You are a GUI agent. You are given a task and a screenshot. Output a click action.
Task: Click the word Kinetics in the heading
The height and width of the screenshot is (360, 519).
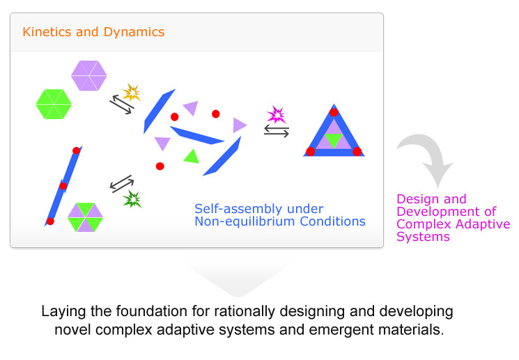pyautogui.click(x=47, y=32)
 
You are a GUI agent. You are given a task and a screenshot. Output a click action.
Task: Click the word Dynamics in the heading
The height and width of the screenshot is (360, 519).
pyautogui.click(x=134, y=32)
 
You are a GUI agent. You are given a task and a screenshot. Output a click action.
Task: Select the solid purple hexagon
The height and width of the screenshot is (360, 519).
pyautogui.click(x=89, y=75)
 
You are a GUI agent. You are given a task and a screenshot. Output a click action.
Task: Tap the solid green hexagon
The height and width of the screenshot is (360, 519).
pyautogui.click(x=54, y=104)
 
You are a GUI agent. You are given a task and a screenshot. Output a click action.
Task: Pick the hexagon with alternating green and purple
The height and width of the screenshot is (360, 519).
pyautogui.click(x=86, y=217)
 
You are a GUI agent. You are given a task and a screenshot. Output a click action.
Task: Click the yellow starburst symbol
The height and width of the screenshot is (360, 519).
pyautogui.click(x=132, y=93)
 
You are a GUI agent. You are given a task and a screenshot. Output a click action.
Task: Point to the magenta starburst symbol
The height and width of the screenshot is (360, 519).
pyautogui.click(x=276, y=114)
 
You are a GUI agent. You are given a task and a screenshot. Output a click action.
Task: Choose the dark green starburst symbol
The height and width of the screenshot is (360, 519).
pyautogui.click(x=132, y=199)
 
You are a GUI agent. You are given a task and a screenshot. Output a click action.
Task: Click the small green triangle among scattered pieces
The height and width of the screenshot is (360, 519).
pyautogui.click(x=192, y=157)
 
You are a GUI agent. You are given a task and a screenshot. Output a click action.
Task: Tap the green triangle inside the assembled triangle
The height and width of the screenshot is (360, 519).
pyautogui.click(x=334, y=139)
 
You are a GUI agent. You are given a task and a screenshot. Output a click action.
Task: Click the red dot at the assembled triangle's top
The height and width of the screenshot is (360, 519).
pyautogui.click(x=334, y=112)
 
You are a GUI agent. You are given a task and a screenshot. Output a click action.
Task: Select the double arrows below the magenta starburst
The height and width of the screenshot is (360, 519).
pyautogui.click(x=277, y=132)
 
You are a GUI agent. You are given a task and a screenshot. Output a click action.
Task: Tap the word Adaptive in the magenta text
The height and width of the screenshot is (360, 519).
pyautogui.click(x=478, y=224)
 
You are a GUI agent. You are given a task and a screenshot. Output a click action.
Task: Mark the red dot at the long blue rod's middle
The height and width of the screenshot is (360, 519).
pyautogui.click(x=63, y=186)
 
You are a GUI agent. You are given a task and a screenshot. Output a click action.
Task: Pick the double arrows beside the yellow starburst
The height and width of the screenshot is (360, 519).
pyautogui.click(x=122, y=104)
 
